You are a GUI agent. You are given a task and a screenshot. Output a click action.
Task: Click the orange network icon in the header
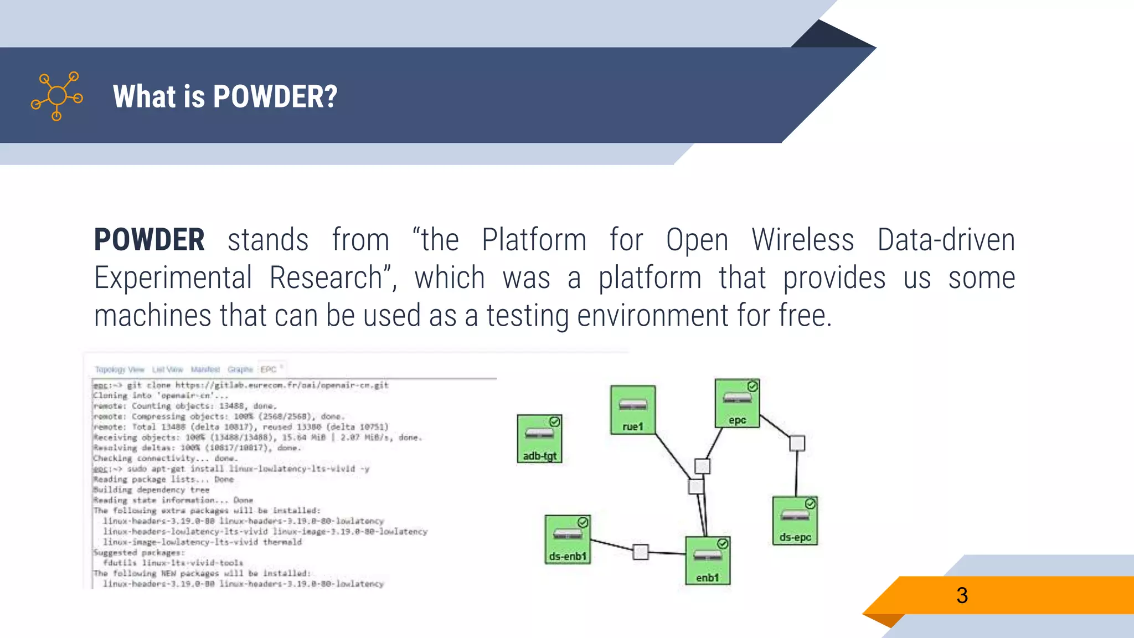pos(57,96)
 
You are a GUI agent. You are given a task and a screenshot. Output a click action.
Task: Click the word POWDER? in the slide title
pos(275,97)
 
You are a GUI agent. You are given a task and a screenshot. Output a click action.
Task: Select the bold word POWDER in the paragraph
pos(150,240)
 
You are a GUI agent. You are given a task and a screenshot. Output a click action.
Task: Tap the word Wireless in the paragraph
pos(802,240)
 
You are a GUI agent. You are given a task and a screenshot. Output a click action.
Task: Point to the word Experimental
pos(173,277)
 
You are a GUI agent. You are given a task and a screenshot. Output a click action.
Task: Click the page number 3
pos(962,595)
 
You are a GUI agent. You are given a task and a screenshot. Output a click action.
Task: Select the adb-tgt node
pos(539,438)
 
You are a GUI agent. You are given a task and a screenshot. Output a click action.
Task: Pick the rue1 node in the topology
pos(633,409)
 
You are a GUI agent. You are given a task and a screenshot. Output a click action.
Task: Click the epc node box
pos(736,403)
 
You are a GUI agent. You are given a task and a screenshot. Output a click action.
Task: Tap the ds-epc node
pos(795,521)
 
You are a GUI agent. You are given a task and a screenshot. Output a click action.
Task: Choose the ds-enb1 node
pos(568,539)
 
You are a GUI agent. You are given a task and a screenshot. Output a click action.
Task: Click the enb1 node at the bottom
pos(707,560)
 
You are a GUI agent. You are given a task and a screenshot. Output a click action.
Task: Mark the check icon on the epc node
pos(752,386)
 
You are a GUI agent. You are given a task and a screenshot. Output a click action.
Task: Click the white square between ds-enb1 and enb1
pos(641,552)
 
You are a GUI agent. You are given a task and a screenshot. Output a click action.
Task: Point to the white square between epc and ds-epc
pos(797,443)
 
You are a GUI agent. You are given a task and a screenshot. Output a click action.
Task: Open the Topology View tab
pos(120,369)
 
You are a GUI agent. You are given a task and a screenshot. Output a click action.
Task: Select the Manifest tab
pos(205,369)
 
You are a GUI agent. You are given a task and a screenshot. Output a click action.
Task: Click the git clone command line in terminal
pos(241,385)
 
